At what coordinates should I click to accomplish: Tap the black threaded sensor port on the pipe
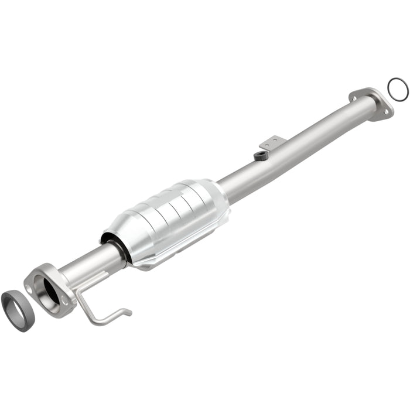[261, 155]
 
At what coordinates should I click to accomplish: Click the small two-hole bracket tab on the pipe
[273, 142]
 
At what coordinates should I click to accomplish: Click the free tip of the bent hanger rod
[128, 312]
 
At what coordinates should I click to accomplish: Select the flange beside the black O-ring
[371, 103]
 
